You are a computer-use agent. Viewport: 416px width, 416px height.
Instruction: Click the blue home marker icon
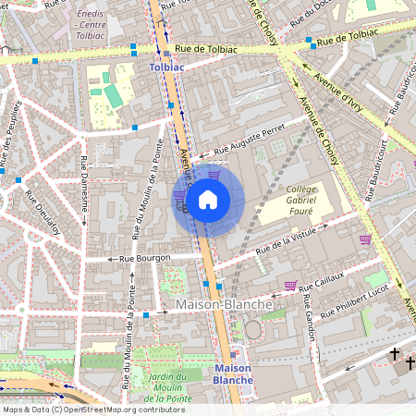pos(208,199)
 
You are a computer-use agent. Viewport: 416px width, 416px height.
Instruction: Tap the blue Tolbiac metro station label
pos(167,67)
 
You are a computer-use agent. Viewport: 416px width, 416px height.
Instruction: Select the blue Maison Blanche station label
pos(231,373)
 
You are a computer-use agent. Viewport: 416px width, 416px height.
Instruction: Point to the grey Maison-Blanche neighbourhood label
pos(224,304)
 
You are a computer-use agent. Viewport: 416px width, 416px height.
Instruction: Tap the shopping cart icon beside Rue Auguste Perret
pos(214,174)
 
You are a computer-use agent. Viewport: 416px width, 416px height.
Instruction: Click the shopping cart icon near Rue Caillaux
pos(290,286)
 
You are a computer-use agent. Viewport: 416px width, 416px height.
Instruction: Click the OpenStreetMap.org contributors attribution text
pos(120,409)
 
